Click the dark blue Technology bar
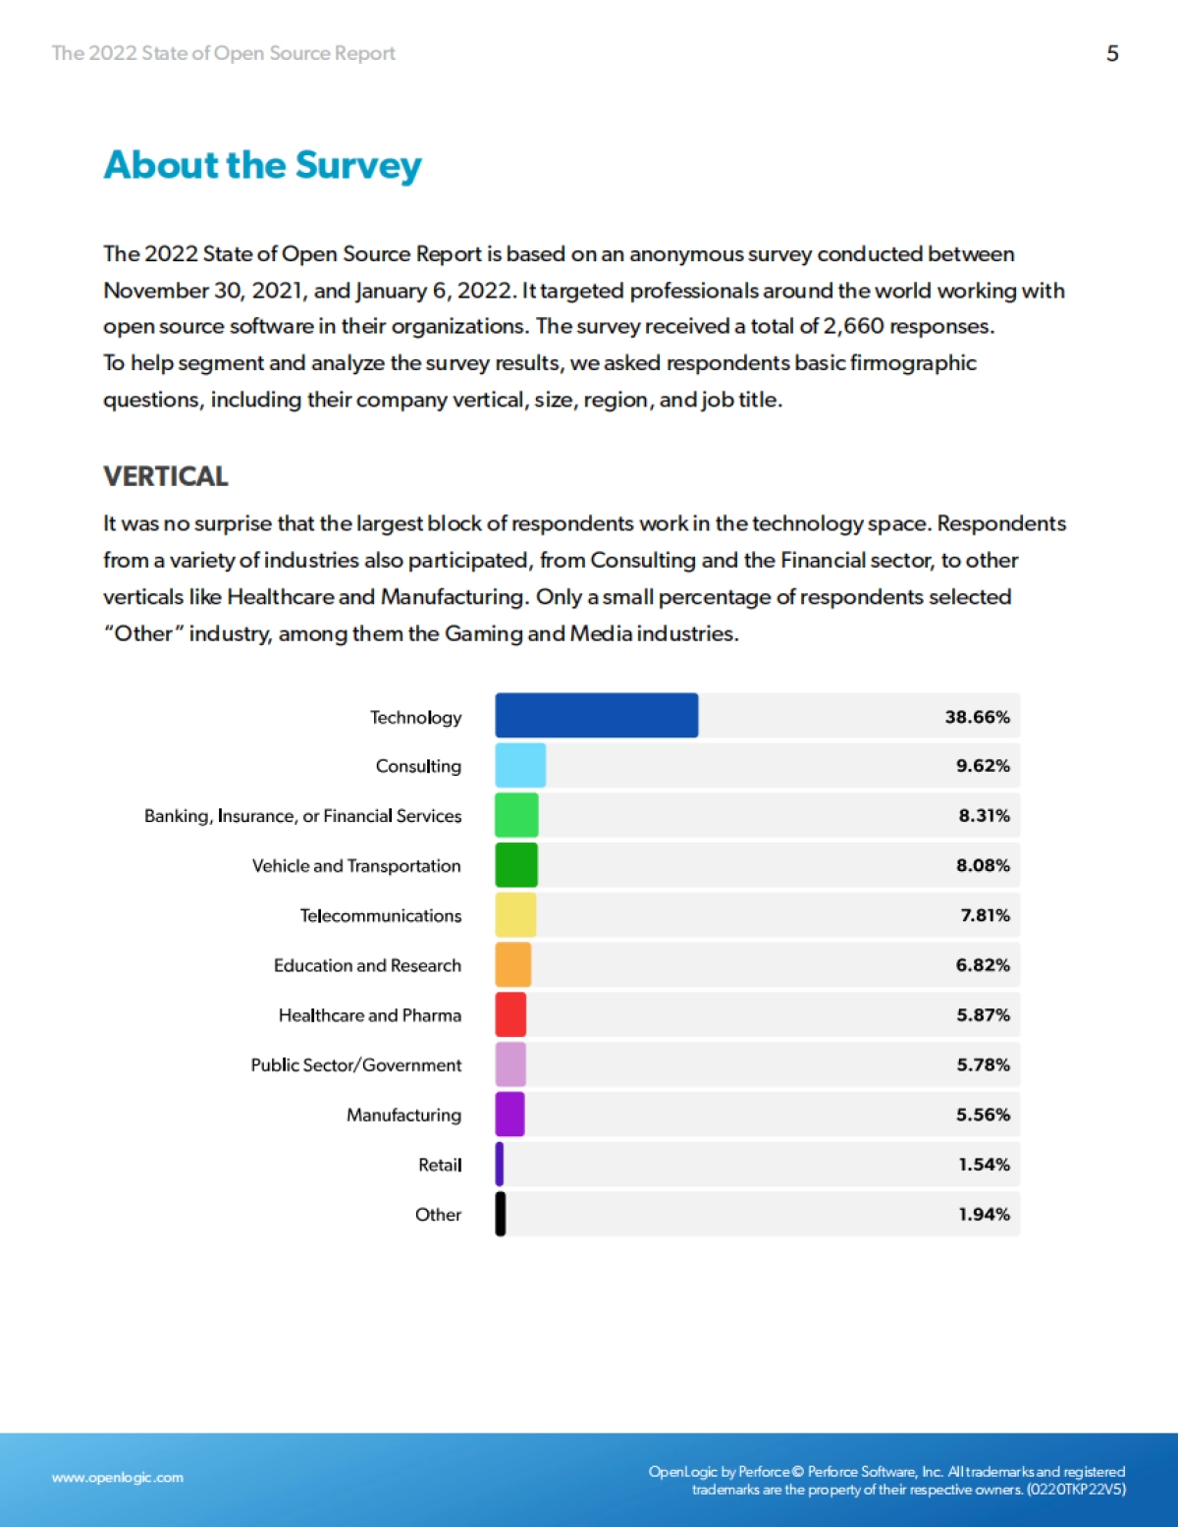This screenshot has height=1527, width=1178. (x=596, y=716)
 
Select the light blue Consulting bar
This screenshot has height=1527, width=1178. (x=520, y=766)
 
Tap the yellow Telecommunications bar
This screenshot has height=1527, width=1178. (x=515, y=915)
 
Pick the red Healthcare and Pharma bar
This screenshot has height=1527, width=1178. (x=510, y=1014)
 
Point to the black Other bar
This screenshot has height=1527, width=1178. (x=501, y=1214)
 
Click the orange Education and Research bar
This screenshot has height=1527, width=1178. (x=513, y=965)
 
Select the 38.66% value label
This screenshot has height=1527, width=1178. (x=977, y=717)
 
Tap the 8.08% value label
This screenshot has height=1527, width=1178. (x=983, y=865)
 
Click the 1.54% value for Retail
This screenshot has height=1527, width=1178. (x=984, y=1165)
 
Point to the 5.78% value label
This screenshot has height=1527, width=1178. (x=983, y=1064)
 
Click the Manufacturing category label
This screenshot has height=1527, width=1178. (x=403, y=1115)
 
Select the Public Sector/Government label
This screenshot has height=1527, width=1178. (x=355, y=1064)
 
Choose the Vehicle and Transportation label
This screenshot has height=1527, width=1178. (x=356, y=865)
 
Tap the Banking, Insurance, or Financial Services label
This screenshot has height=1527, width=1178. (x=302, y=816)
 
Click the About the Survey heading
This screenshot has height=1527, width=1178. (x=263, y=165)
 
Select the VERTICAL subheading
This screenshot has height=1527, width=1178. (x=166, y=476)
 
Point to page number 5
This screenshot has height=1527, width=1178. (x=1112, y=53)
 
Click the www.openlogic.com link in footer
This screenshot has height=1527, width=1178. (x=118, y=1477)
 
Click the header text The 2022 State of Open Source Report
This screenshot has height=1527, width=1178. (x=223, y=53)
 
